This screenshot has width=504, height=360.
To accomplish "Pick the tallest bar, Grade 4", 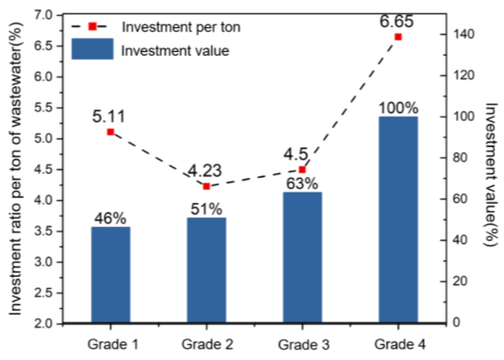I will pos(398,220).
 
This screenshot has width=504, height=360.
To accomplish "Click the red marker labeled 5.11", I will pos(111,132).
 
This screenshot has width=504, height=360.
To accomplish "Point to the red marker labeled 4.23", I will pos(207,186).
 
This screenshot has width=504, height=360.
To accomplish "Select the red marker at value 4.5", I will pos(302,170).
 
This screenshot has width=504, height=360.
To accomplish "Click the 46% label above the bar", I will pos(110,219).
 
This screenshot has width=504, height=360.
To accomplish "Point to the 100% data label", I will pos(398,108).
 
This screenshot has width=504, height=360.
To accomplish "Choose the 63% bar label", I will pos(302,184).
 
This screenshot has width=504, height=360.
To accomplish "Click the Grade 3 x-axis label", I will pos(304,344).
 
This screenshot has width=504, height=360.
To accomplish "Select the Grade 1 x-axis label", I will pos(113,344).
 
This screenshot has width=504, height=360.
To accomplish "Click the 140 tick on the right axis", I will pos(461,34).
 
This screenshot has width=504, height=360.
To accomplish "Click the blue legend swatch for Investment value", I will pos(92,49).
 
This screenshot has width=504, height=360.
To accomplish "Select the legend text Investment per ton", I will pos(181,27).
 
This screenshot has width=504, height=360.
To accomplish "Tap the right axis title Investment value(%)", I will pos(490,174).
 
